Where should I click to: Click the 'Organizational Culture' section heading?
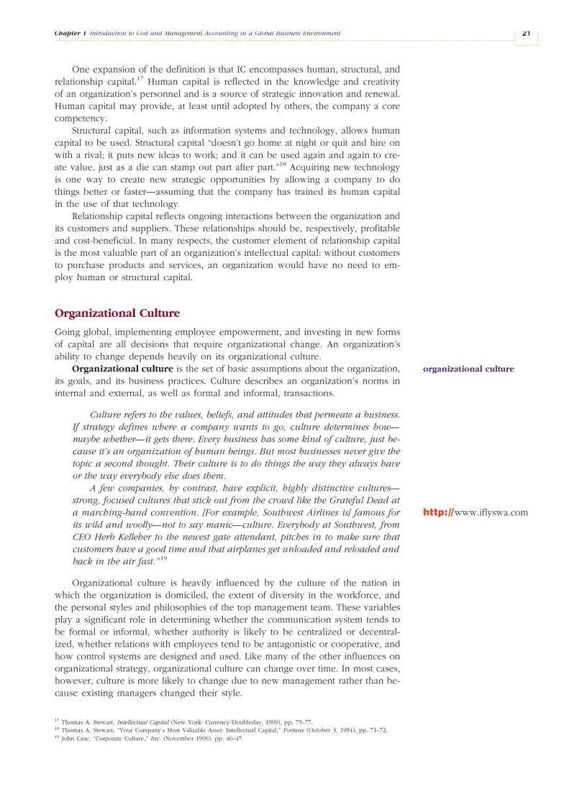tap(117, 313)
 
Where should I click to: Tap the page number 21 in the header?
tap(526, 33)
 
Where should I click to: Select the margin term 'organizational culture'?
tap(468, 369)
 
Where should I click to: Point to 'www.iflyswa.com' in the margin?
tap(492, 512)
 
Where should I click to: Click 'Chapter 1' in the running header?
tap(70, 34)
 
